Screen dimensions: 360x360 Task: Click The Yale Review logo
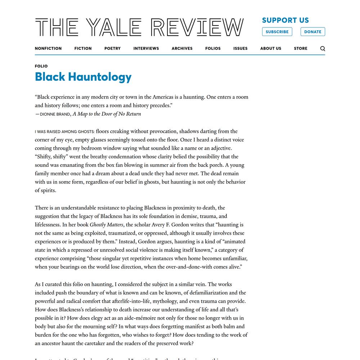pyautogui.click(x=139, y=27)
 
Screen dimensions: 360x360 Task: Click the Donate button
pyautogui.click(x=312, y=32)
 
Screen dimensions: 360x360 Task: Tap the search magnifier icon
pyautogui.click(x=323, y=49)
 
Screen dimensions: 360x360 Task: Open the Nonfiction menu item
pyautogui.click(x=48, y=48)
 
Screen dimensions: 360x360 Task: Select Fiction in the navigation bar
pyautogui.click(x=83, y=48)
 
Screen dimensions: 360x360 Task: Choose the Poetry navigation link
pyautogui.click(x=112, y=48)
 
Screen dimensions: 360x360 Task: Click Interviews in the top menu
pyautogui.click(x=146, y=48)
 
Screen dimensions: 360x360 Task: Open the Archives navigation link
pyautogui.click(x=182, y=48)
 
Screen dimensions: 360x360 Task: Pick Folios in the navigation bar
pyautogui.click(x=213, y=48)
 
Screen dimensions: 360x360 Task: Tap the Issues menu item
pyautogui.click(x=240, y=48)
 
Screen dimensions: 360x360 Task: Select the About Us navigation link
pyautogui.click(x=271, y=48)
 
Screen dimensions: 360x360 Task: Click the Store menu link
pyautogui.click(x=301, y=48)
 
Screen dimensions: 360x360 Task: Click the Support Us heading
pyautogui.click(x=285, y=20)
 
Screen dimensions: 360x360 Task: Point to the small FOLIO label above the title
pyautogui.click(x=41, y=66)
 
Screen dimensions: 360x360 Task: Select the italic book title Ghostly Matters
pyautogui.click(x=106, y=225)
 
